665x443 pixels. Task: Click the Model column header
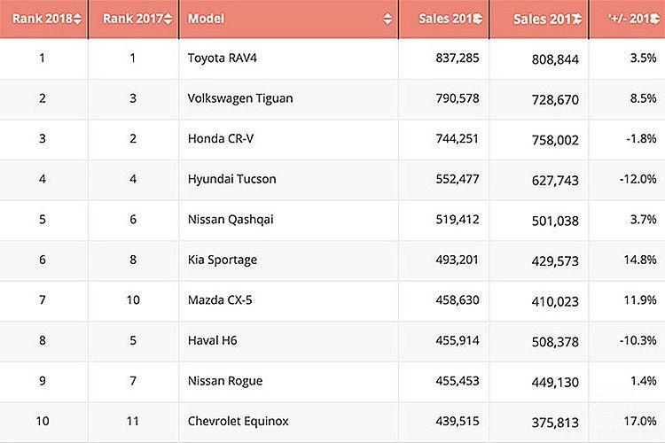coord(207,19)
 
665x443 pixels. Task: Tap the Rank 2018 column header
coord(43,19)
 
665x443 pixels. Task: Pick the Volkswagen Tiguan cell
coord(239,98)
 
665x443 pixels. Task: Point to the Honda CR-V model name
coord(220,138)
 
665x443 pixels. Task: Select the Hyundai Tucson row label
coord(231,179)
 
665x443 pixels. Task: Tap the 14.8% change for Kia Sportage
coord(639,260)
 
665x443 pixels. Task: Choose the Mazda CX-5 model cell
coord(220,300)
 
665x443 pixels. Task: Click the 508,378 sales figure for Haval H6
coord(554,340)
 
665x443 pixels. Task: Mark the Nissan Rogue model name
coord(225,381)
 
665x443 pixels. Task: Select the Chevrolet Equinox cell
coord(238,421)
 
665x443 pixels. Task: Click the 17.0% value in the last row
coord(639,421)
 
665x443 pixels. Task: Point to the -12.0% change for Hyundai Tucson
coord(638,179)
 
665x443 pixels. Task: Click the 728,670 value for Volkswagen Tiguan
coord(554,98)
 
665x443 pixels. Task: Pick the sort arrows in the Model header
coord(387,19)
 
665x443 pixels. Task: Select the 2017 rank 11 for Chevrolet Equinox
coord(133,421)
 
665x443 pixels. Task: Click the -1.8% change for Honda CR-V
coord(641,138)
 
